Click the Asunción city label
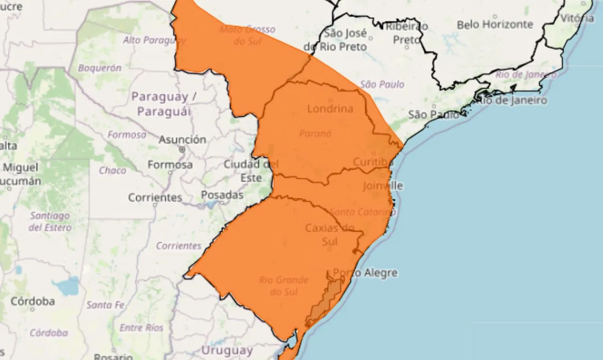pos(182,139)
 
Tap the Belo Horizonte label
pos(495,25)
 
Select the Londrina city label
pos(330,109)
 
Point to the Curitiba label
pos(373,162)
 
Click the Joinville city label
pos(383,186)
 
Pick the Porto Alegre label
pos(365,273)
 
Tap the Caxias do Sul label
pos(329,235)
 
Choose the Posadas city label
pos(222,195)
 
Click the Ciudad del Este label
pos(251,171)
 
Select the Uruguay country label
pos(227,351)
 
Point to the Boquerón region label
pos(99,68)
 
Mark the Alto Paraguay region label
pos(154,40)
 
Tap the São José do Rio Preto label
pos(337,40)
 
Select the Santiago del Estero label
pos(50,221)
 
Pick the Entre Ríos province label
pos(141,327)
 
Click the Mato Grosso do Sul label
pos(241,35)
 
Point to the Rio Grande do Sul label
pos(284,286)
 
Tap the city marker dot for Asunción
pos(182,149)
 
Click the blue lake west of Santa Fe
pos(66,286)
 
